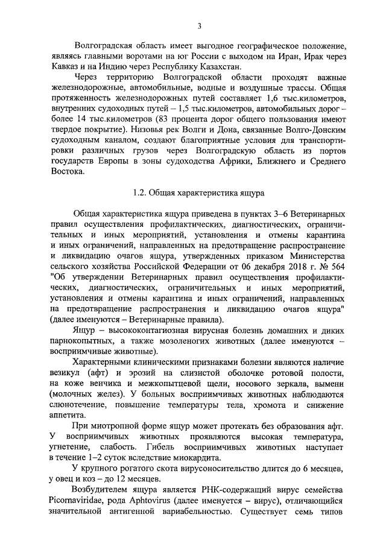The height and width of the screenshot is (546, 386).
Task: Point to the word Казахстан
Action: tap(219, 67)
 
